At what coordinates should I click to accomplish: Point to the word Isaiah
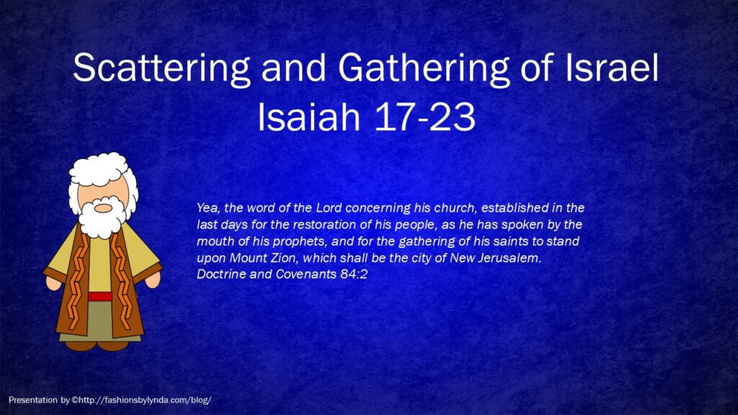(308, 117)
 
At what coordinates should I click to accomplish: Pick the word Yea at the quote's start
(208, 208)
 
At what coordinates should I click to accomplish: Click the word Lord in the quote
(329, 207)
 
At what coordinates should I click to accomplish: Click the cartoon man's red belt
(99, 296)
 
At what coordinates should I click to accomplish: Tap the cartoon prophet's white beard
(102, 219)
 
